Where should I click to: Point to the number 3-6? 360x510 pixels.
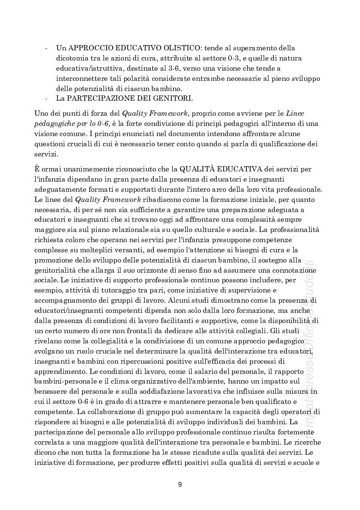[195, 69]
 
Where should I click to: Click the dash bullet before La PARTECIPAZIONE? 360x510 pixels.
[45, 99]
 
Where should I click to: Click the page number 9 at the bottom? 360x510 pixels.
[180, 484]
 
